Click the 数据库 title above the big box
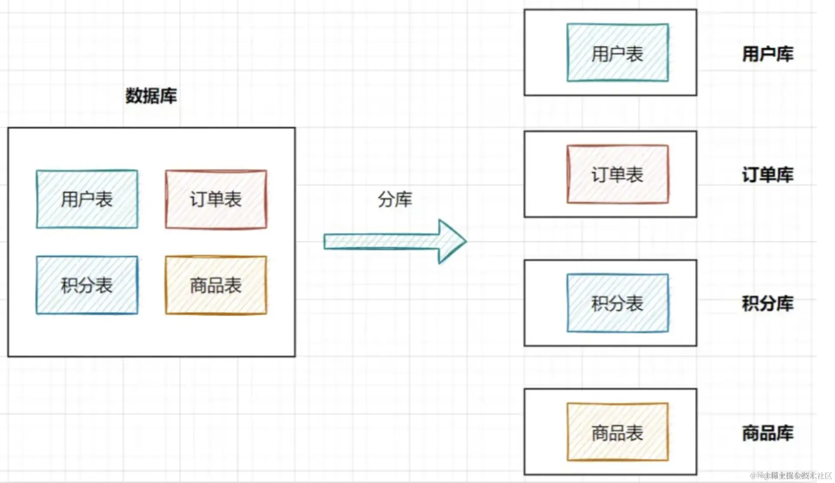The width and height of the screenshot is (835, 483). point(151,96)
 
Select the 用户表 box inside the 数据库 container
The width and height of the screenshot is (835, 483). point(87,199)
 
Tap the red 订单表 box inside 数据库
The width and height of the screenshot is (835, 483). point(216,199)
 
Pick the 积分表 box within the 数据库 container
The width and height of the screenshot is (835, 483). point(87,285)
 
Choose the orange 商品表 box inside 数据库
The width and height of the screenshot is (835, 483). point(216,285)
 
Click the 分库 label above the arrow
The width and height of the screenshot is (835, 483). point(395,199)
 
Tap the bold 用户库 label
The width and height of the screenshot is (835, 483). point(767,54)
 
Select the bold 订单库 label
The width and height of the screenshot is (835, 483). point(767,175)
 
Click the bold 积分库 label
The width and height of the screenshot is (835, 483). point(767,303)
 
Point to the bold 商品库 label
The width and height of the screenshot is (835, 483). point(767,433)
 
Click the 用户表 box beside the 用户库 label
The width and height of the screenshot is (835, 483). point(617,53)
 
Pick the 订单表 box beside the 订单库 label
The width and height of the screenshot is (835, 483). point(617,174)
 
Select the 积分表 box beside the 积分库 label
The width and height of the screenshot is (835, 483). point(617,303)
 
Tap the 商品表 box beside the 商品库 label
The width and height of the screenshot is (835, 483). point(617,432)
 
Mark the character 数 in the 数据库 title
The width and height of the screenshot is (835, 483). point(134,96)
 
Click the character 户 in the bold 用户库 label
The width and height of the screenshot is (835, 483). point(767,54)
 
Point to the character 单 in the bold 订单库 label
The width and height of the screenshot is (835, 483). point(767,175)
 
